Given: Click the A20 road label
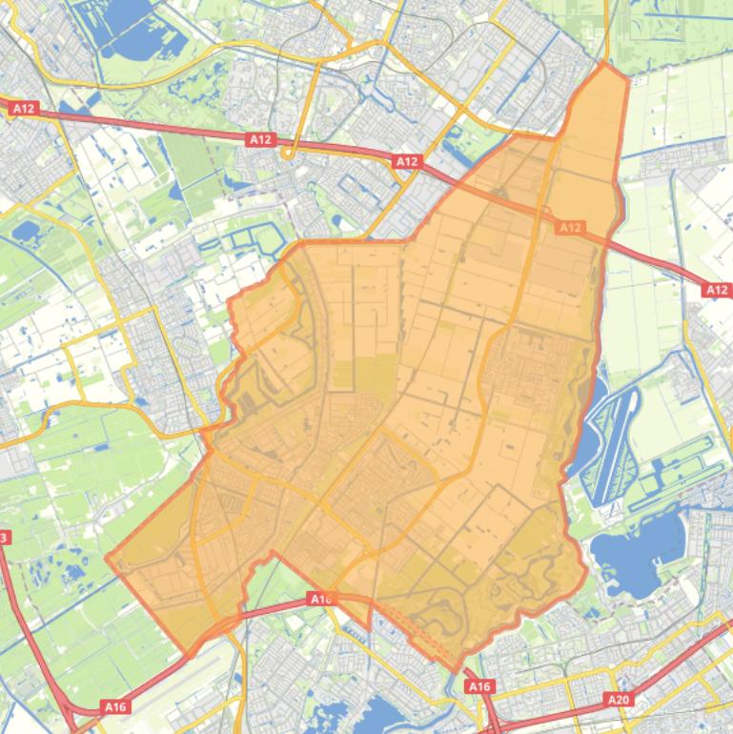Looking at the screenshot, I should (619, 700).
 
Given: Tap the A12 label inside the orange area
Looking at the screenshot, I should (570, 228).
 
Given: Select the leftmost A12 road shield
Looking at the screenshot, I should (24, 109).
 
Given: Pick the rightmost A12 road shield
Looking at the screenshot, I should (718, 290).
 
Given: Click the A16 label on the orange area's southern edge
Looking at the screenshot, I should (321, 599).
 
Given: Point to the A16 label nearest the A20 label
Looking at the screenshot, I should (479, 686).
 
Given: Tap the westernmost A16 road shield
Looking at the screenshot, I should (114, 706).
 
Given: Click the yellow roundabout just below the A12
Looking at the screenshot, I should (286, 153).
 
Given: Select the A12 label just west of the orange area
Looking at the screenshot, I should (407, 162).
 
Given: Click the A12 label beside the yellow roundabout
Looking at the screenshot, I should (260, 139).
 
